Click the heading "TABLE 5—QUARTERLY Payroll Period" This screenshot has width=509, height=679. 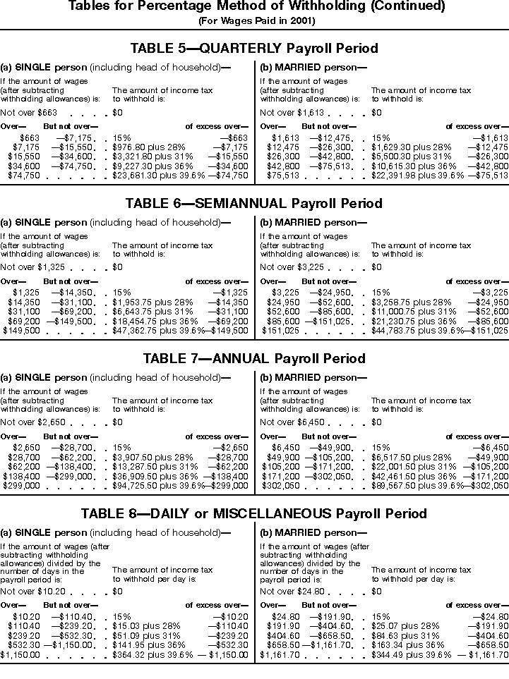(x=254, y=49)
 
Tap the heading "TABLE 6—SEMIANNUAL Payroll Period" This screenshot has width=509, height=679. (x=254, y=203)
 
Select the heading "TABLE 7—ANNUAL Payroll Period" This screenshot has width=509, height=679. (x=254, y=358)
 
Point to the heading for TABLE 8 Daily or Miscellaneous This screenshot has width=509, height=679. (x=254, y=513)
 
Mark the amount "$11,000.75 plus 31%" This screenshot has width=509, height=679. (x=410, y=312)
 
